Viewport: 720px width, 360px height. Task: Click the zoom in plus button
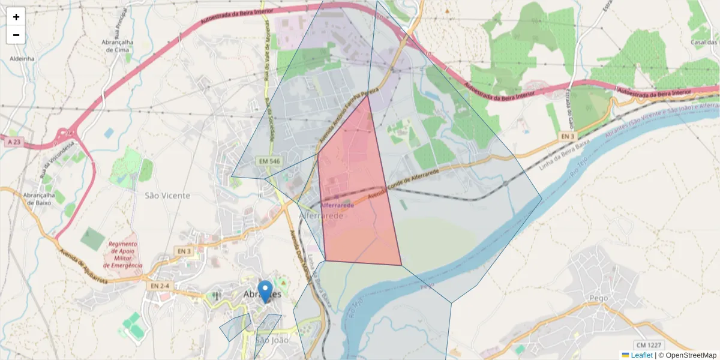(16, 17)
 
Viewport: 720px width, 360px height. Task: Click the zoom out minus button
(16, 35)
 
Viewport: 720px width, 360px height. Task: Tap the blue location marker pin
(265, 291)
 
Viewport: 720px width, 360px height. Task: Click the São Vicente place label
(167, 196)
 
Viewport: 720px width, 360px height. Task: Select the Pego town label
(599, 298)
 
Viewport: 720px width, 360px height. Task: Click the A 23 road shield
(14, 142)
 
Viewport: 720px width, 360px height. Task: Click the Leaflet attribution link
(641, 355)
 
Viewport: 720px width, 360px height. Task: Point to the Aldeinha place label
(22, 59)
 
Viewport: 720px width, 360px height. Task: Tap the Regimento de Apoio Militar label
(123, 254)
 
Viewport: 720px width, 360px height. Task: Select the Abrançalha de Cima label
(119, 46)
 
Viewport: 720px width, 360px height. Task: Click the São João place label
(272, 340)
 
